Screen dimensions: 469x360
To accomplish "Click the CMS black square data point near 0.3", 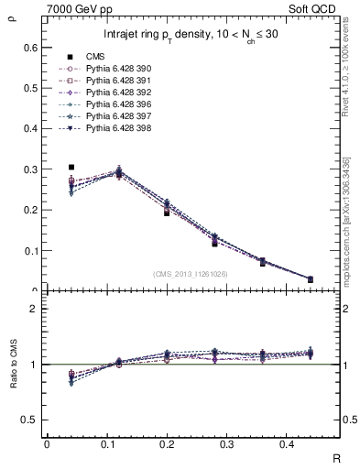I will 71,168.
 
